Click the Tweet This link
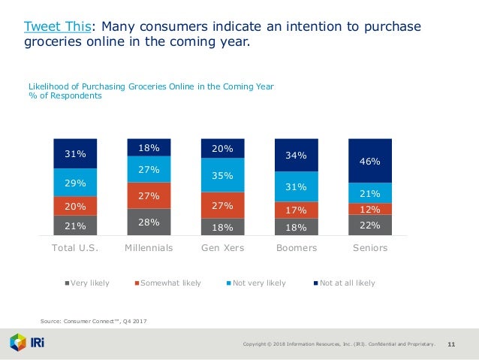[57, 27]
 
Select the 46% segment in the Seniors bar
[370, 161]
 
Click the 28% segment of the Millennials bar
[149, 222]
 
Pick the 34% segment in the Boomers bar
[297, 156]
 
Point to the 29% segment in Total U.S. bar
[74, 183]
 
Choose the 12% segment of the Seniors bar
[370, 209]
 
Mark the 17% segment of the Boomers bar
[297, 210]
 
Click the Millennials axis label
[149, 247]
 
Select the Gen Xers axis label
[223, 247]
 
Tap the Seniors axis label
[370, 247]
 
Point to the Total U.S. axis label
[74, 247]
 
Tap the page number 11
[452, 344]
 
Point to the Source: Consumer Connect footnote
[93, 322]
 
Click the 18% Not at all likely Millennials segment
[149, 147]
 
